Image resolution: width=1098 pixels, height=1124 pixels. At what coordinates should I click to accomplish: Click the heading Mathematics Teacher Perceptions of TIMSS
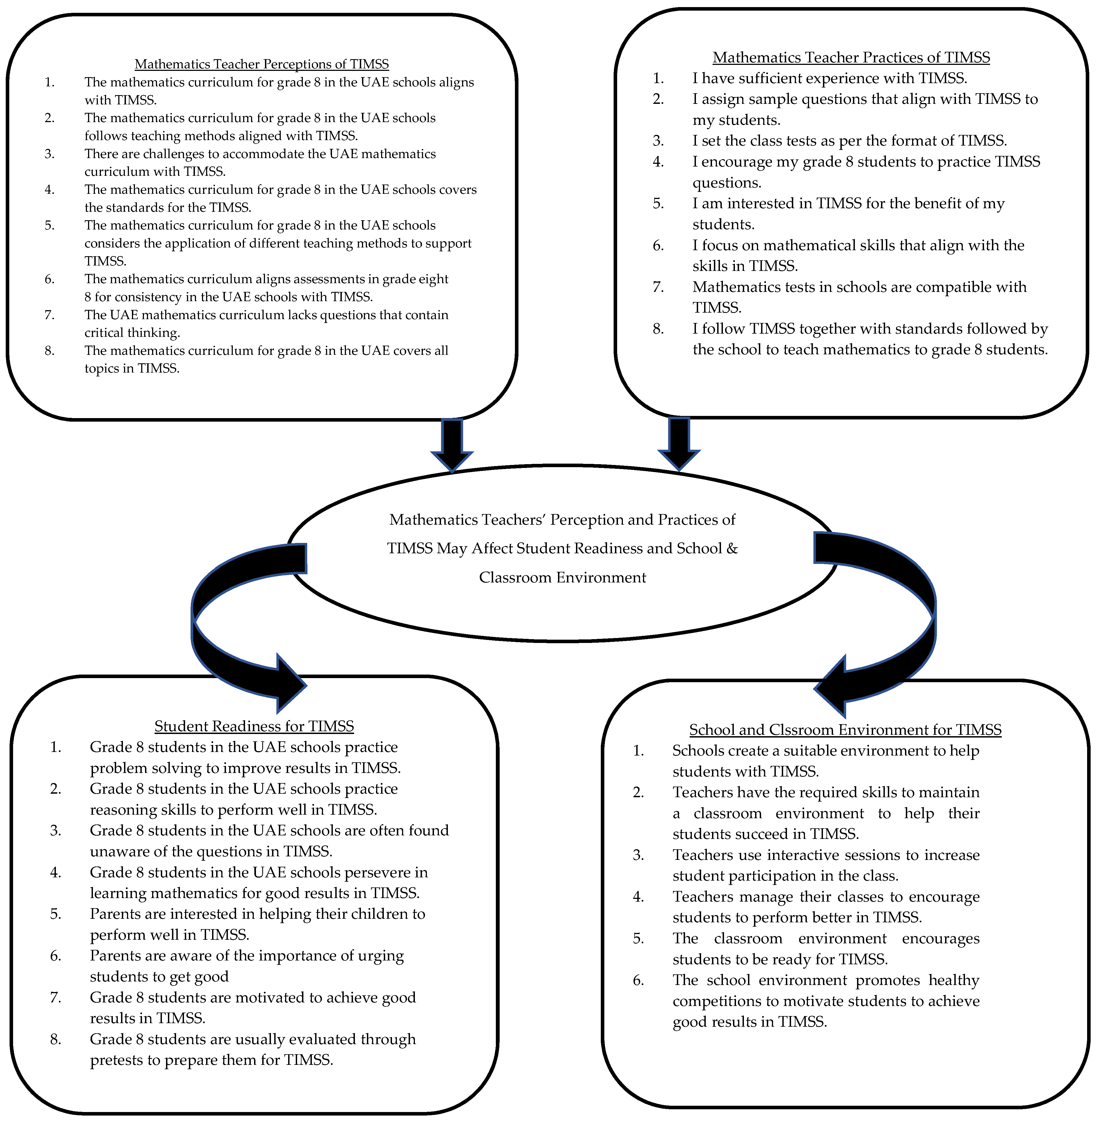(262, 64)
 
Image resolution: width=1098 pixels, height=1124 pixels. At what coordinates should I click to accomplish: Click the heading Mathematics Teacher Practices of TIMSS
(851, 58)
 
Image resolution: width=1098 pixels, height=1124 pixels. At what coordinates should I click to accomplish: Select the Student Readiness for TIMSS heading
(254, 726)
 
